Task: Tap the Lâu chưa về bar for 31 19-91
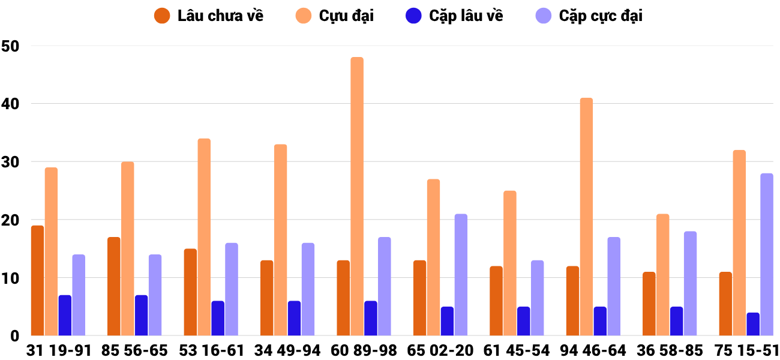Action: (37, 281)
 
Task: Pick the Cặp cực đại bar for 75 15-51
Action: (767, 255)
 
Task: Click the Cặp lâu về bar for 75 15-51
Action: (753, 324)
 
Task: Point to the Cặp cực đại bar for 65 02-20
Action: (461, 275)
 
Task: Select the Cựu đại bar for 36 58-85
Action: (662, 275)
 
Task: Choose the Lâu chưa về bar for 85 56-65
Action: (114, 287)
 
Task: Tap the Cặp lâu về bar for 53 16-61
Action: (218, 319)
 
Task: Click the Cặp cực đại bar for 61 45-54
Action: (537, 298)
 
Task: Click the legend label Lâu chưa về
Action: (220, 16)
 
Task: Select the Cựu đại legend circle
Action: (304, 16)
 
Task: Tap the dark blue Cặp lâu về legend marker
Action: (413, 16)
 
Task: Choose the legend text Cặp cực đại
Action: (601, 16)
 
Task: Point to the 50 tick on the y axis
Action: (11, 46)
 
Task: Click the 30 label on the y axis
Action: (11, 162)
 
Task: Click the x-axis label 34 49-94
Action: (287, 350)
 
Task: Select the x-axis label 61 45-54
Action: (517, 350)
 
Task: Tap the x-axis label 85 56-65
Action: (134, 350)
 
